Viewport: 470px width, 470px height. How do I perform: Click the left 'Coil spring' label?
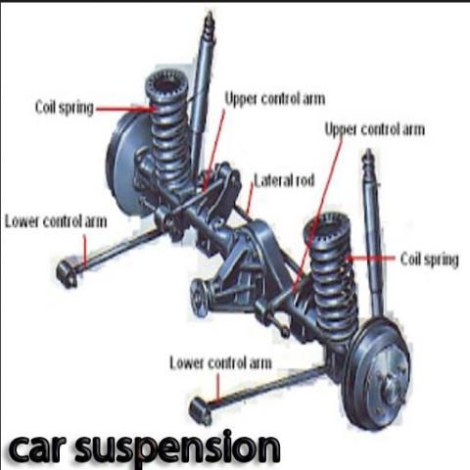point(65,108)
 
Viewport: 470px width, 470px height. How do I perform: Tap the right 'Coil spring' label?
point(430,259)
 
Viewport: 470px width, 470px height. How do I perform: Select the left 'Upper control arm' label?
point(275,99)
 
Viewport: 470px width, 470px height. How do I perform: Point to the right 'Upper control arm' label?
point(375,129)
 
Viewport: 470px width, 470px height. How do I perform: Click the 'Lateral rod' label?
point(284,180)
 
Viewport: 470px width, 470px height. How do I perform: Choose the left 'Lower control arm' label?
point(56,221)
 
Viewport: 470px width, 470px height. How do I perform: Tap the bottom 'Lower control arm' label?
point(220,363)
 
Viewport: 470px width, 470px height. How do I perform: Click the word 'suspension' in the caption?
point(177,447)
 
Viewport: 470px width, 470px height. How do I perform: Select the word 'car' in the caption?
point(35,447)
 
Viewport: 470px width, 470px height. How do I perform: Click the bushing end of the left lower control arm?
point(67,272)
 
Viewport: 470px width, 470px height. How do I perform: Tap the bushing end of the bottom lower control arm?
point(200,410)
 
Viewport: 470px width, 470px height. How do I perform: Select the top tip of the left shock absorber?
point(210,13)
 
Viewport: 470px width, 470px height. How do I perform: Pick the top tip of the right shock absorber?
point(368,151)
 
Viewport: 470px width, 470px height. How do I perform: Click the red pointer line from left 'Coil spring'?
point(124,109)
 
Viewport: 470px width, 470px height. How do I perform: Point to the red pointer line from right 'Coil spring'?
point(371,258)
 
